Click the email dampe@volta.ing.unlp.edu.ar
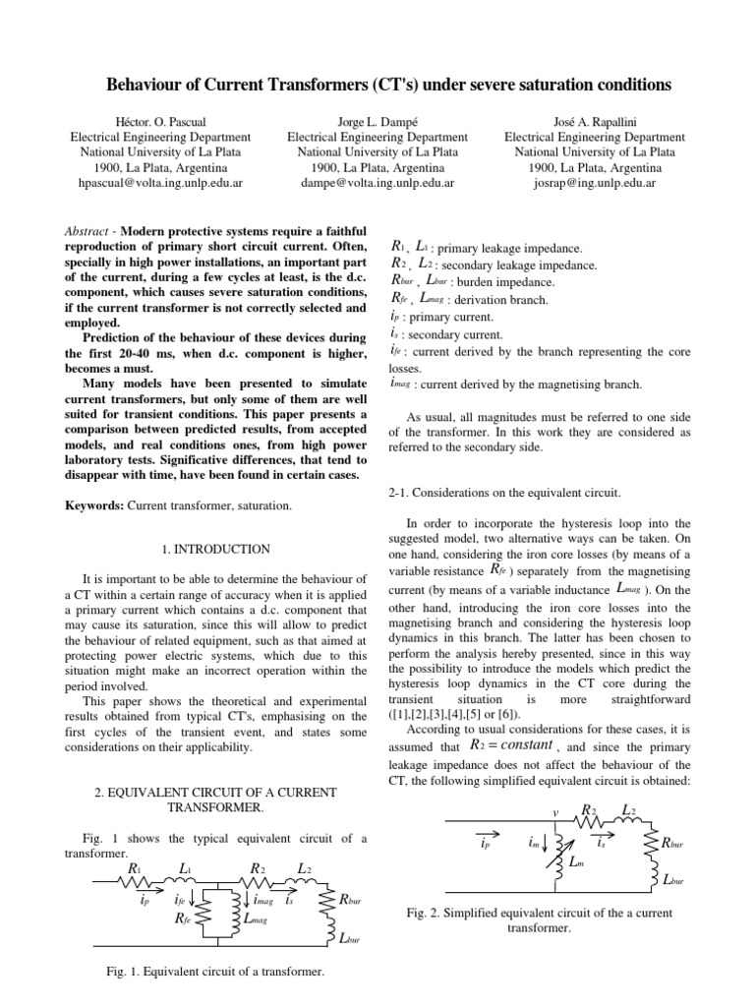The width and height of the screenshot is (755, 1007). pyautogui.click(x=377, y=183)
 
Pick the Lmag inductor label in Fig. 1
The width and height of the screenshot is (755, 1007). pyautogui.click(x=256, y=920)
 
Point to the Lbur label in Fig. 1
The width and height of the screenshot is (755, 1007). pyautogui.click(x=348, y=940)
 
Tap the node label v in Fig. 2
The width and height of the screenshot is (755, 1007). pyautogui.click(x=556, y=812)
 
